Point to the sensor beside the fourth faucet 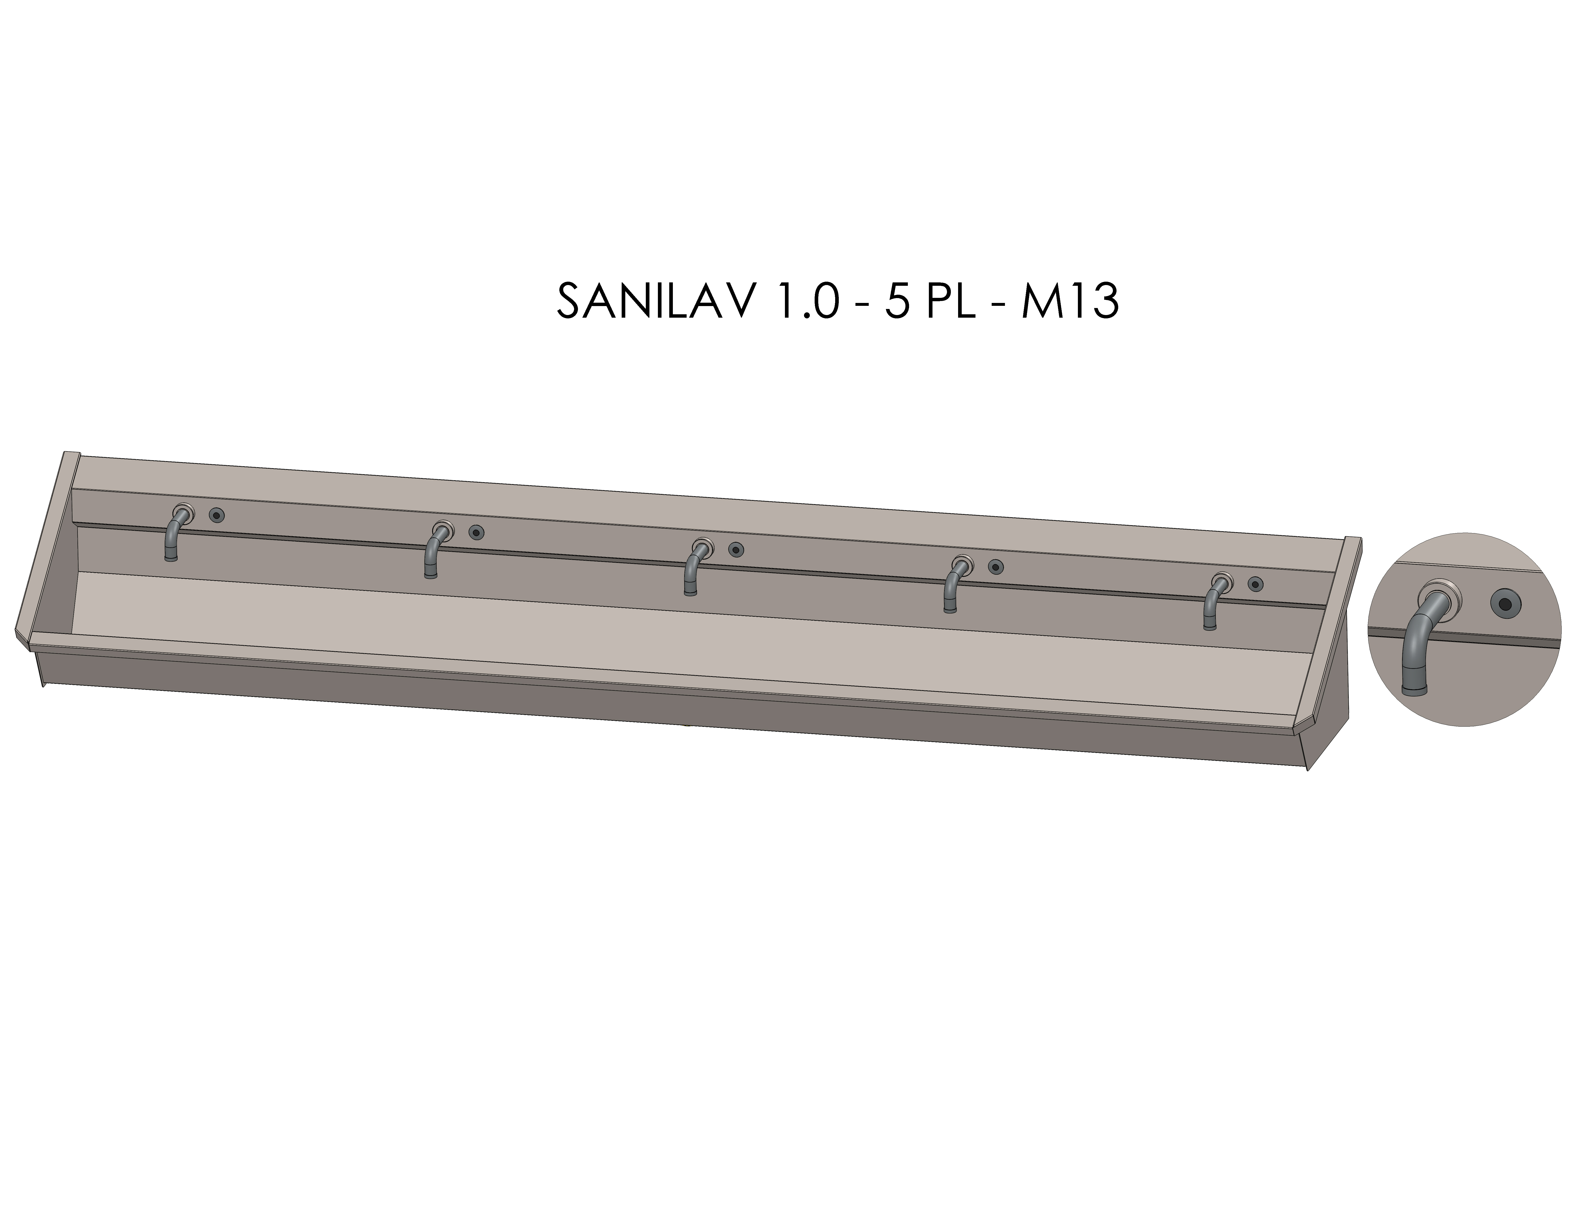[995, 566]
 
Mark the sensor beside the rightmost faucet [1255, 583]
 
